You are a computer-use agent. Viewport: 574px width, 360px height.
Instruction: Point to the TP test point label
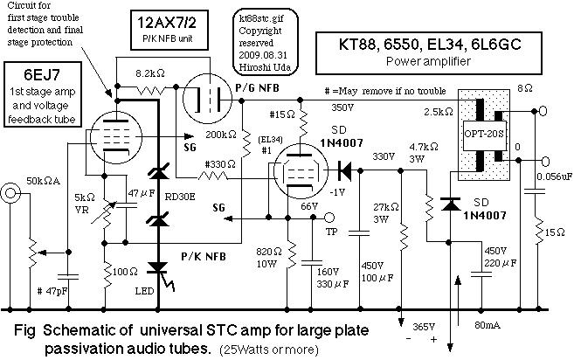[x=329, y=232]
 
